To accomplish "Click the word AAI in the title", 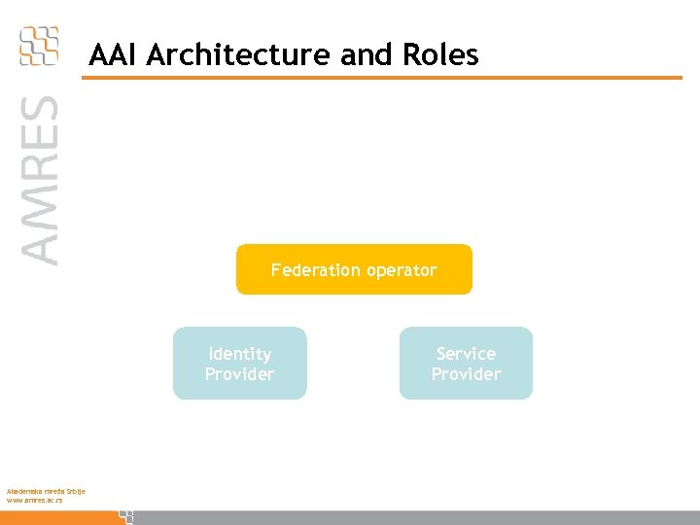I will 111,55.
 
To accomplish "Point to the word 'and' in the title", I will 364,55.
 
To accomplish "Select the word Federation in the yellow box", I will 313,270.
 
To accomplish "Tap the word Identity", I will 239,354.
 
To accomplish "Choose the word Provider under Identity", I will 239,374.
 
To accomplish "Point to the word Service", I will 466,354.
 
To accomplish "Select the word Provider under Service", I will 466,374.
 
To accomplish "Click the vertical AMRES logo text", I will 40,179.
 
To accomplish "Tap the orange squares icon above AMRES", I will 39,46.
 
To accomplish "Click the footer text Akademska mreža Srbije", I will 46,492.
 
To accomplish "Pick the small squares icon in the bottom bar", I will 125,516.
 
